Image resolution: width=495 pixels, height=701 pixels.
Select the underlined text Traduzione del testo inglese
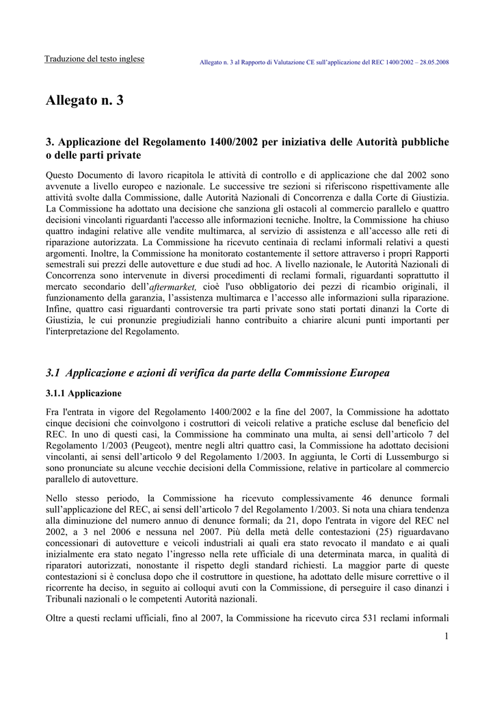[x=94, y=59]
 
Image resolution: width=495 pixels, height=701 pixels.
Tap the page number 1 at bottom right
[x=446, y=637]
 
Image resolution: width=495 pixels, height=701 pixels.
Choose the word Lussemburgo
[x=420, y=457]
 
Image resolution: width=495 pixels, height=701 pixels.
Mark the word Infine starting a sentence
[x=58, y=309]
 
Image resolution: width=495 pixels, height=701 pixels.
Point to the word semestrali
[x=67, y=264]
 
